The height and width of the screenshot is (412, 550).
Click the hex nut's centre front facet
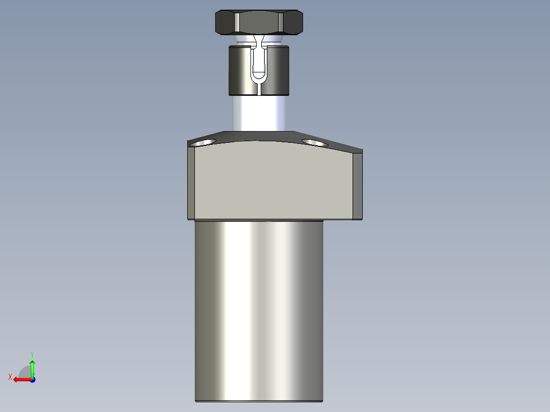pyautogui.click(x=259, y=23)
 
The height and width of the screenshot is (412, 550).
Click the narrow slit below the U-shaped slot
pyautogui.click(x=260, y=89)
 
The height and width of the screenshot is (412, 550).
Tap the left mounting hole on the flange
pyautogui.click(x=203, y=142)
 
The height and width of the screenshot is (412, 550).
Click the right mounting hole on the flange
pyautogui.click(x=315, y=143)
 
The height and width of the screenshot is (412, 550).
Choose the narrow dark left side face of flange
pyautogui.click(x=191, y=184)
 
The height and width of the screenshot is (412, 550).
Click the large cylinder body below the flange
pyautogui.click(x=259, y=311)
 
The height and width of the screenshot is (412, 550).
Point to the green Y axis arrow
pyautogui.click(x=32, y=368)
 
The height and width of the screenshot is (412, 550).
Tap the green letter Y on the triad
pyautogui.click(x=32, y=354)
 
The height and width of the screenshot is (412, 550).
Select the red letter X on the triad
pyautogui.click(x=10, y=377)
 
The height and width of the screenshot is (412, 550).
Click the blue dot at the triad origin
pyautogui.click(x=32, y=379)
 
